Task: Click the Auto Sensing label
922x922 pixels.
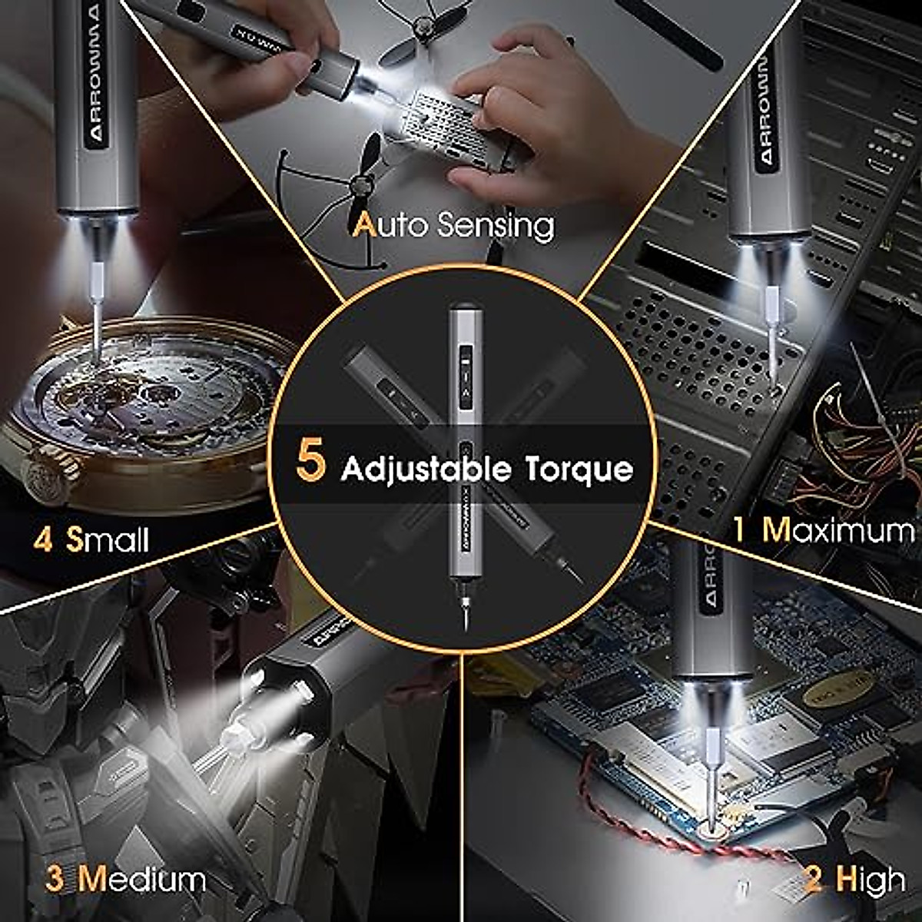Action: [453, 225]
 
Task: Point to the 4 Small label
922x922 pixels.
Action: [91, 540]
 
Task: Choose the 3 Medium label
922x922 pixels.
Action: [125, 879]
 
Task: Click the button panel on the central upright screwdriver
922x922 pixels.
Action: [465, 376]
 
